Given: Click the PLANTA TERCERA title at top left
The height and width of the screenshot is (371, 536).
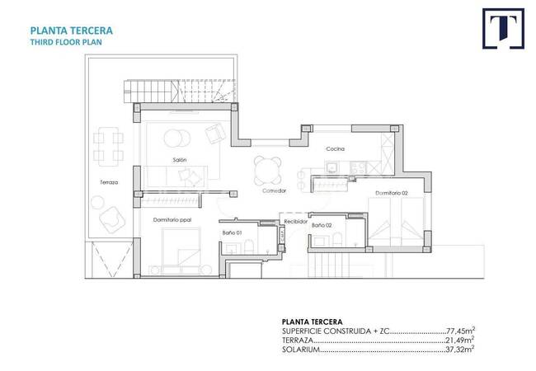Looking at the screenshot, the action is point(72,31).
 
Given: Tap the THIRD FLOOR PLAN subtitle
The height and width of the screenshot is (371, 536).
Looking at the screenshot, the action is point(66,42).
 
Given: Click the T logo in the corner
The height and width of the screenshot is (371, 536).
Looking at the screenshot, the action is point(503,29).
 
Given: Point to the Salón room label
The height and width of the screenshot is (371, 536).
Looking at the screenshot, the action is point(180,160).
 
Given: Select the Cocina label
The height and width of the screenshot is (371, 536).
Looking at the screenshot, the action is point(335,149).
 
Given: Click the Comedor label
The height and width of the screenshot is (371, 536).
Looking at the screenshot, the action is point(274,190).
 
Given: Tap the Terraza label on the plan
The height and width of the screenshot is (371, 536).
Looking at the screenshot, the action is point(109,182).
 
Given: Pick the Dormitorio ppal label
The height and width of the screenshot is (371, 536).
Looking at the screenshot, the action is point(172,220).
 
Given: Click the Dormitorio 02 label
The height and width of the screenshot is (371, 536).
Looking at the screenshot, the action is point(392,193).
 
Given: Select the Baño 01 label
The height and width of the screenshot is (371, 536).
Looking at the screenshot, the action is point(232,232).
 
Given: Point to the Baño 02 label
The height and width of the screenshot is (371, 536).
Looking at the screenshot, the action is point(322,225).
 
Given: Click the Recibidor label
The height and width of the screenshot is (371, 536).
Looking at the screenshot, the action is point(296,222).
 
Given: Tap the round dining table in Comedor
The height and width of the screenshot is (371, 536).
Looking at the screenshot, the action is point(268,170).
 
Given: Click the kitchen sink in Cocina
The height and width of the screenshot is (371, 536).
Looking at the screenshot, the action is point(331,167).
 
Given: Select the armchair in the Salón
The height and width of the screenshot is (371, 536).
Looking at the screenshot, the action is point(215,134).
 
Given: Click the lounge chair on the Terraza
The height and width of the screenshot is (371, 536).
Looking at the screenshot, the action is point(112,219).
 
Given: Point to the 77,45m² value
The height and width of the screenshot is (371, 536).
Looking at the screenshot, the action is point(460,331).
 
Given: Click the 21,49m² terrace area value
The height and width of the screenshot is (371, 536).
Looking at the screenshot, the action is point(460,340).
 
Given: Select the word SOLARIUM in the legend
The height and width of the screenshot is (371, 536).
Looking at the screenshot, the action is point(301,350).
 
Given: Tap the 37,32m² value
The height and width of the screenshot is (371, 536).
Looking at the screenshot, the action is point(460,349).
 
